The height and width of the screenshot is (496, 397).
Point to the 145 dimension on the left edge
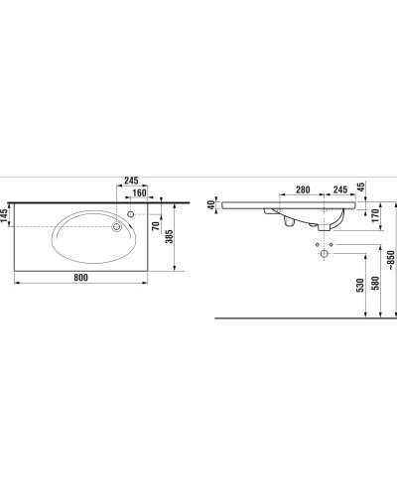tap(6, 216)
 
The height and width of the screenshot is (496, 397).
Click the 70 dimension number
tap(156, 226)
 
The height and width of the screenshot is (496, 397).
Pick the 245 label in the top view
tap(131, 180)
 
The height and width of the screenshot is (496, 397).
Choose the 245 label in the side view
tap(338, 188)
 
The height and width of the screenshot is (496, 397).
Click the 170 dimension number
tap(376, 215)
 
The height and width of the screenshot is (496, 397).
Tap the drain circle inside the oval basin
tap(117, 227)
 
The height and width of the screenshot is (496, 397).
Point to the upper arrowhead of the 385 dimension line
tap(176, 204)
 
